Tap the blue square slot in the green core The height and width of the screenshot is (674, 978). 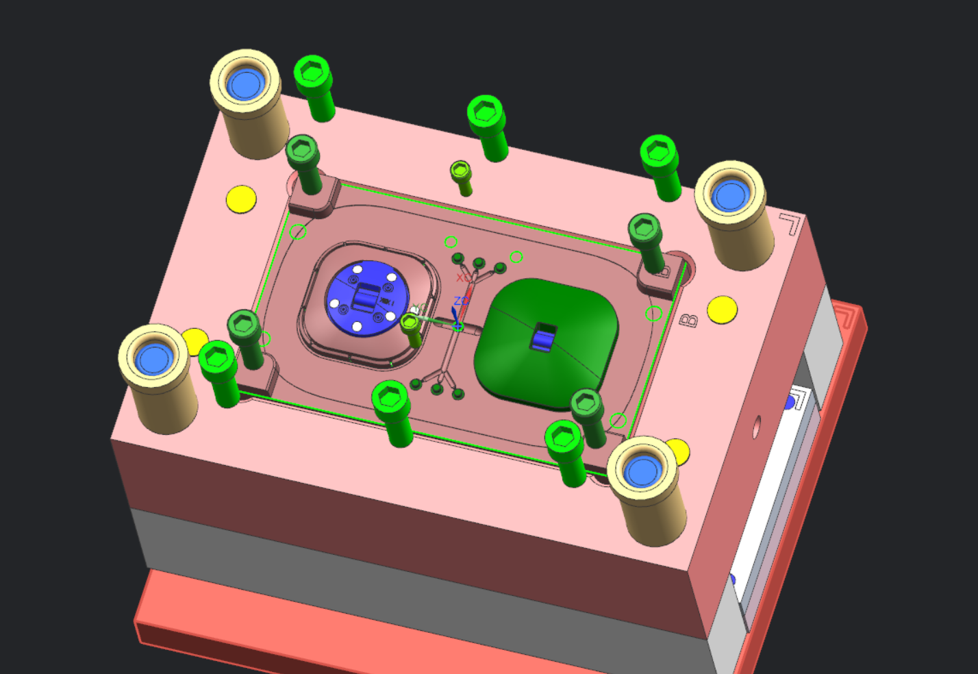(544, 338)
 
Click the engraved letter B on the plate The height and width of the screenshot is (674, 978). (688, 321)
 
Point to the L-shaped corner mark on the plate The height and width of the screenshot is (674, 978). (790, 223)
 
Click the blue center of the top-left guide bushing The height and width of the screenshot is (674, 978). (244, 85)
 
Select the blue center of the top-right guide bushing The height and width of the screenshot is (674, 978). (729, 196)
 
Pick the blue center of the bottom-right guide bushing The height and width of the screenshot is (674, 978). (642, 471)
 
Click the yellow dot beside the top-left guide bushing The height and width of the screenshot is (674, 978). (241, 199)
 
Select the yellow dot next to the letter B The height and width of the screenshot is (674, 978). (723, 310)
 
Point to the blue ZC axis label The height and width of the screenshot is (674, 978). (461, 301)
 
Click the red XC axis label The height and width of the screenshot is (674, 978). (464, 278)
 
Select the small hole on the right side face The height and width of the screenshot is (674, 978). (756, 427)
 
